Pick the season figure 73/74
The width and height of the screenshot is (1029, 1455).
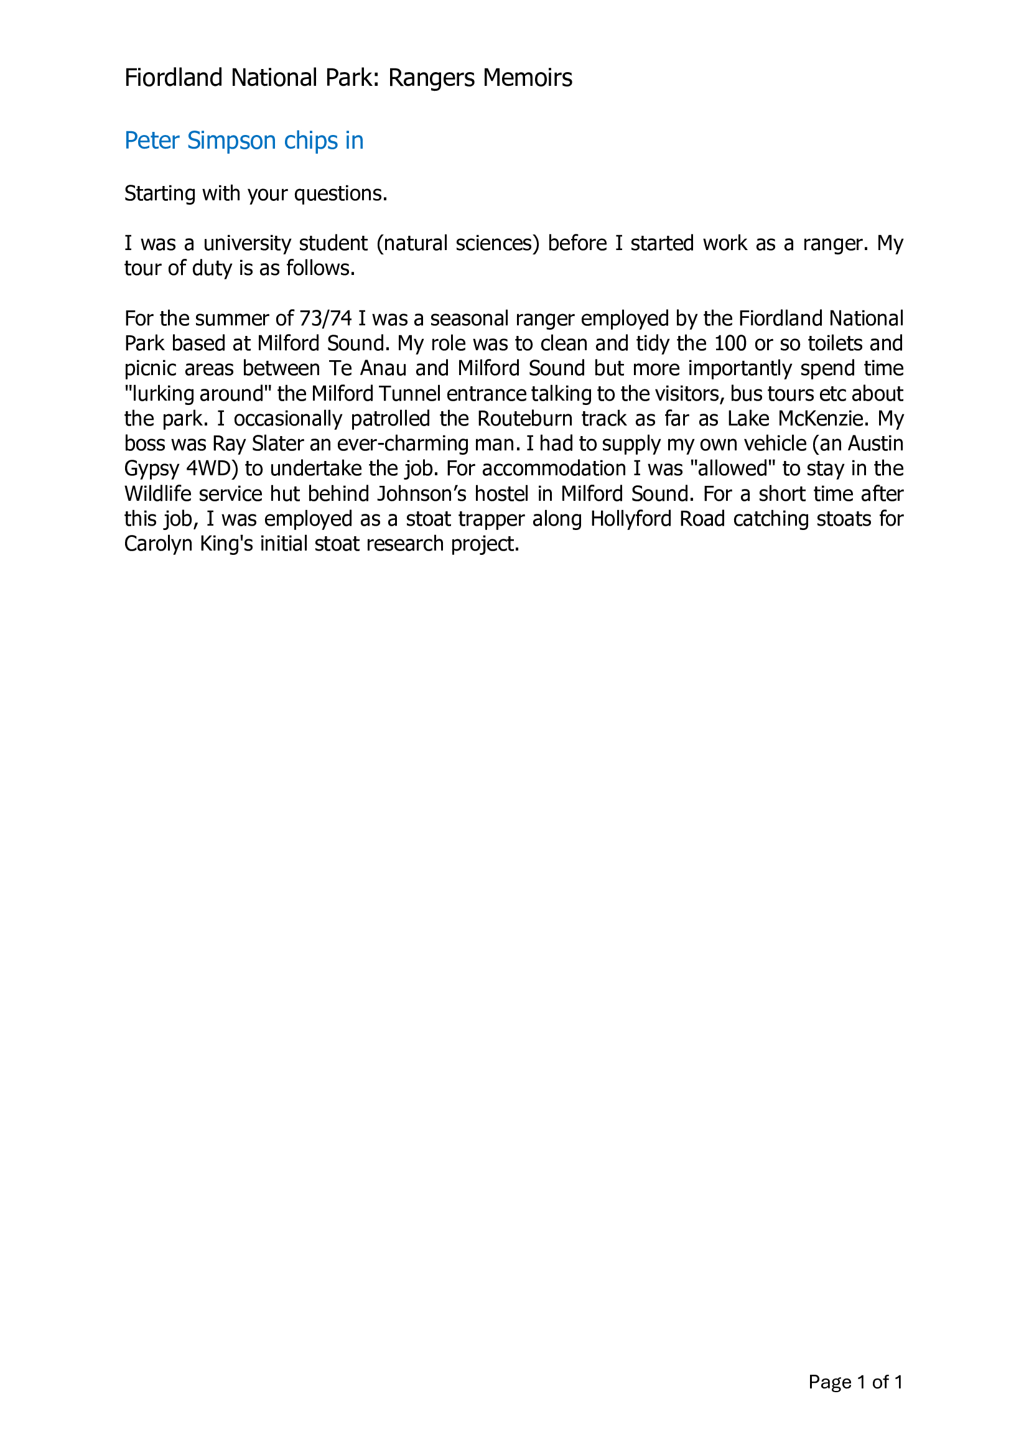point(325,318)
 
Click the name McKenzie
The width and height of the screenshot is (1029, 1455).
point(822,419)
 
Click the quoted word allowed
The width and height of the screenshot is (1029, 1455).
point(732,469)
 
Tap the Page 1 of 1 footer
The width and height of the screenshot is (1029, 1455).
point(855,1382)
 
